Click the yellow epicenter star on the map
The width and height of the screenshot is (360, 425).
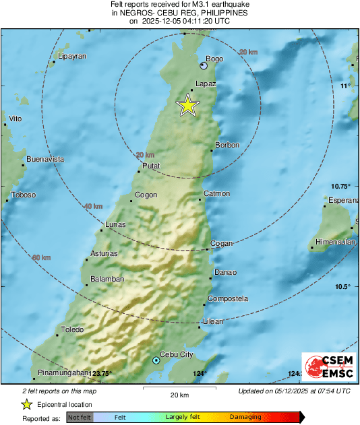(x=188, y=105)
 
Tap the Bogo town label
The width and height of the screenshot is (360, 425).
(x=214, y=59)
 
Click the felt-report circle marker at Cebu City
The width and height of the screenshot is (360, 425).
(x=156, y=361)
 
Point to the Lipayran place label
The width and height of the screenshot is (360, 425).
(x=73, y=57)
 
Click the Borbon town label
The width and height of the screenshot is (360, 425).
(x=227, y=145)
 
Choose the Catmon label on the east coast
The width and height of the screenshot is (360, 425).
(x=216, y=194)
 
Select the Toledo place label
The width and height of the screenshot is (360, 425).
(x=72, y=329)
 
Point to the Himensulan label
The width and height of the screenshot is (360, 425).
(x=336, y=242)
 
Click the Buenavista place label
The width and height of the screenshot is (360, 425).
(x=45, y=160)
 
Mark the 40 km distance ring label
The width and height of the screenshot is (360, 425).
(x=93, y=206)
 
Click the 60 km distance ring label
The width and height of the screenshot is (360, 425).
(x=41, y=257)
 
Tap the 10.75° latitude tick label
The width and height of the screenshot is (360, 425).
(x=340, y=186)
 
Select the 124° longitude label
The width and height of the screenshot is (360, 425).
(x=200, y=373)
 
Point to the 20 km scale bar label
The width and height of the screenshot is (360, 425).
(x=179, y=395)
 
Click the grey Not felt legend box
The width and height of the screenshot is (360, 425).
(x=79, y=417)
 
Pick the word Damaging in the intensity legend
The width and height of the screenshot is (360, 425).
(x=245, y=417)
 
